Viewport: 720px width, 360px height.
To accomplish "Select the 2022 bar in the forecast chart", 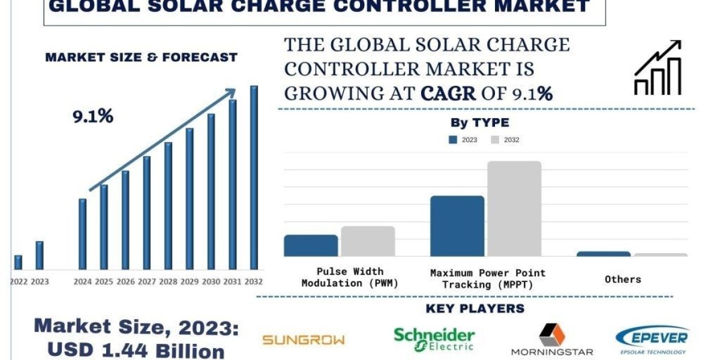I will point(18,262).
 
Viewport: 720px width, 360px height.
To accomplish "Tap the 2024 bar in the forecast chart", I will point(83,234).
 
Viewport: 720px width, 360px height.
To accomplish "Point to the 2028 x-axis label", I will point(168,281).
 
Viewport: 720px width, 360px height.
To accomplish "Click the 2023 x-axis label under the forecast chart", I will point(40,281).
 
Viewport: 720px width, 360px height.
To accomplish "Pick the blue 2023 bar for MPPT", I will point(457,226).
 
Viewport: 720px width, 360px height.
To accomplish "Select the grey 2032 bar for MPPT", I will point(514,208).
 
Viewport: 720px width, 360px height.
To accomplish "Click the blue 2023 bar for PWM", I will point(311,245).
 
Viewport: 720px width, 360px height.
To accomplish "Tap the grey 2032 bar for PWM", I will point(368,241).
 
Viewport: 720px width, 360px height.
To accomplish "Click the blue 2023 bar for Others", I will point(604,254).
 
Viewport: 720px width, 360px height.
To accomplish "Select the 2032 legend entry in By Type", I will point(505,140).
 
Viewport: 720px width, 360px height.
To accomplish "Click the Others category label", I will point(623,279).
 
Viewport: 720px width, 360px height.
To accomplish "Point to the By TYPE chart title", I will point(479,123).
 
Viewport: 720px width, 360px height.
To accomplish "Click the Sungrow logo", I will point(304,340).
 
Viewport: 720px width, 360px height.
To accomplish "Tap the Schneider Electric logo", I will point(434,339).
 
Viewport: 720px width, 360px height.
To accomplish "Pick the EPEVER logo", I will point(652,339).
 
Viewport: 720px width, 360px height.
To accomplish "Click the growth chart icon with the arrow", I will point(658,68).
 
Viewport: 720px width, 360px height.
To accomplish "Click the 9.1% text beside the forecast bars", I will point(93,116).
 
